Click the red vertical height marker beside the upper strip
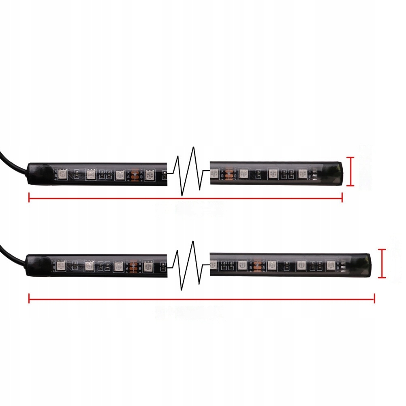tap(351, 171)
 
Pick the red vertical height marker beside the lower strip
tap(381, 263)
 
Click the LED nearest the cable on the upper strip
tap(63, 175)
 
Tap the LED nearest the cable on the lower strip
tap(61, 266)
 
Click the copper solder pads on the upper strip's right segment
tap(229, 173)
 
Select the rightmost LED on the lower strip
tap(331, 265)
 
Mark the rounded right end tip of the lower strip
tap(368, 265)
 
